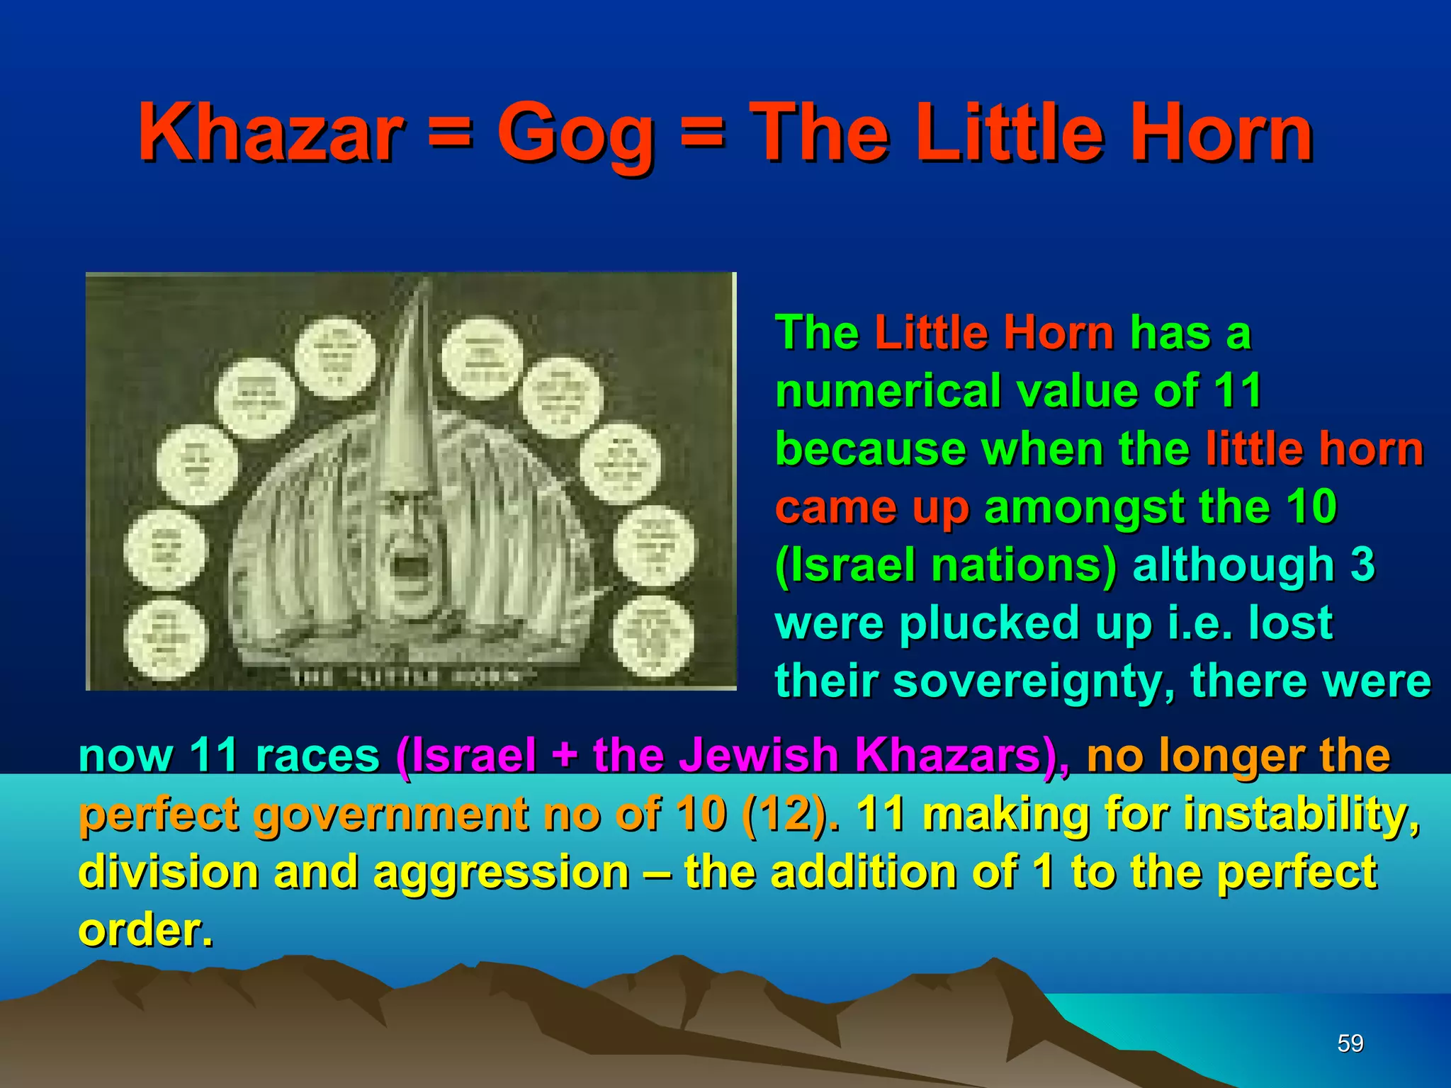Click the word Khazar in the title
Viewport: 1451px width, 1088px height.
(271, 133)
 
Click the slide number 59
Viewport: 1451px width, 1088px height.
(1350, 1043)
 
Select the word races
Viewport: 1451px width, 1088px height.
(317, 755)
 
